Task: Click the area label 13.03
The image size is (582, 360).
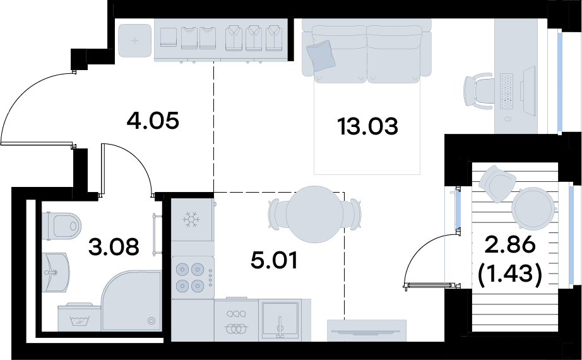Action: coord(367,126)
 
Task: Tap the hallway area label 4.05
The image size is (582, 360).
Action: coord(153,121)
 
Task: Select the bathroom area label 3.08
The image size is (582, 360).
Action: coord(114,247)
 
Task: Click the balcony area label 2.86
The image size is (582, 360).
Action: coord(511,244)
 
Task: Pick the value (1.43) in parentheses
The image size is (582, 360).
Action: coord(511,275)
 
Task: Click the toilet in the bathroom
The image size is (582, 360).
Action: coord(61,226)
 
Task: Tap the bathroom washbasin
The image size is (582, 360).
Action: coord(56,272)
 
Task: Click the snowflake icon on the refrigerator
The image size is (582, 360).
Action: coord(191,220)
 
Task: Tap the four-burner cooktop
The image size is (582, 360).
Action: coord(193,277)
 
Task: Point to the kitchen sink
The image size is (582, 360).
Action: coord(280,321)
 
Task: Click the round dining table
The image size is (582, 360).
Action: coord(315,214)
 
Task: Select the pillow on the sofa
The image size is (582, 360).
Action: coord(321,56)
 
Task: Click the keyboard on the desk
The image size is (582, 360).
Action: coord(507,92)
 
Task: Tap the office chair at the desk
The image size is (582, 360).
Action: coord(478,92)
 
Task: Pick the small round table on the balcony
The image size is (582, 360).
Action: coord(534,208)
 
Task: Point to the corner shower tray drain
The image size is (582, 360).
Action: coord(151,321)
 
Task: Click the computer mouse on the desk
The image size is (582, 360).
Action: coord(508,119)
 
